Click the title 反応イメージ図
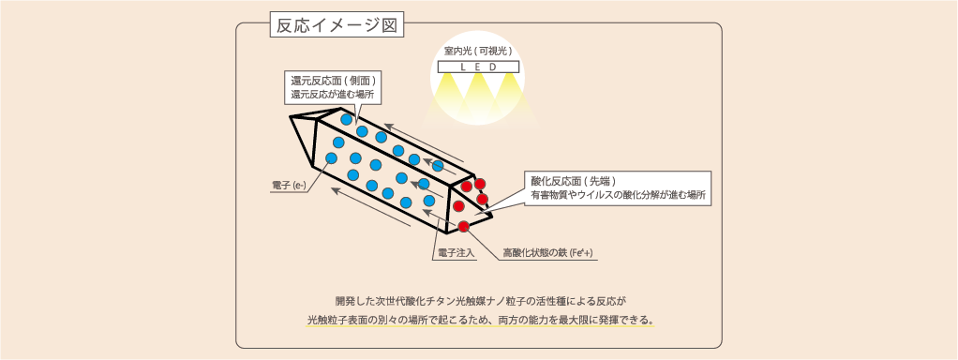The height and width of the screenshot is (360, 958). click(337, 25)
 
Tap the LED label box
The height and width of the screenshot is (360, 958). click(478, 67)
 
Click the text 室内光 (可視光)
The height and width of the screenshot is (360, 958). click(478, 52)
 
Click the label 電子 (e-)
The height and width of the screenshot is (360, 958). click(289, 186)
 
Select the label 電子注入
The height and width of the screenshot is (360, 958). click(454, 252)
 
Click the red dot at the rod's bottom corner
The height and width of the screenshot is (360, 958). click(464, 226)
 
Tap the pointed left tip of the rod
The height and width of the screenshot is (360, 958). click(292, 117)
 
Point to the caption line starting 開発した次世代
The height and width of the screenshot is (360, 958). click(481, 301)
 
